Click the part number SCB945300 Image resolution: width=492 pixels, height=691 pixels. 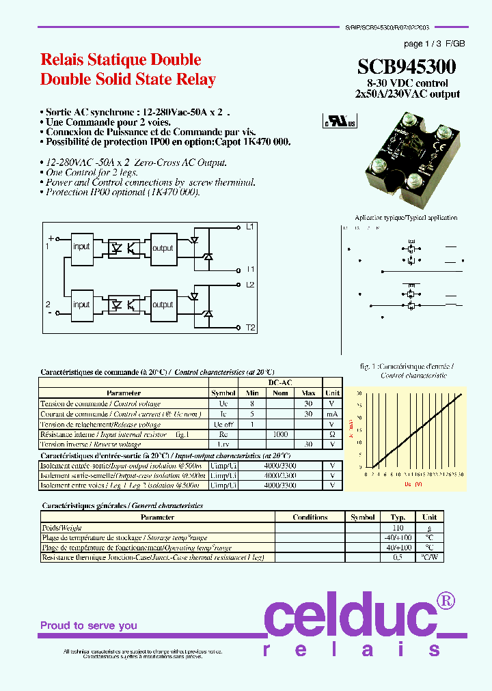407,66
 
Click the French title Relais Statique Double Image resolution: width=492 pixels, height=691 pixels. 120,59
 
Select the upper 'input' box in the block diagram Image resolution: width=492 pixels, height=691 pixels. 81,247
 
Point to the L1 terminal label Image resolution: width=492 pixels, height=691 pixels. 250,226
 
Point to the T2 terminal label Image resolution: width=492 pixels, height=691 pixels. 250,328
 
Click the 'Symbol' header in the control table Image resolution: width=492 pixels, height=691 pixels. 223,393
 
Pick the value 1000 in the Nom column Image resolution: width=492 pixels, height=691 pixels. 280,434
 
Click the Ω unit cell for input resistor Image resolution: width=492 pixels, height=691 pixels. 332,434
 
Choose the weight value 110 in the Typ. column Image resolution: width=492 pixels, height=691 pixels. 398,528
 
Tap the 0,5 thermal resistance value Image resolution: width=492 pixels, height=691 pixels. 398,557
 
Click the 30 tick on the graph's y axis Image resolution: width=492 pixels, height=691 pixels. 359,393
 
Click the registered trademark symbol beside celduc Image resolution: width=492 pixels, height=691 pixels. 446,601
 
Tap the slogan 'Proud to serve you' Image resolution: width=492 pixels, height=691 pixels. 89,625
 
